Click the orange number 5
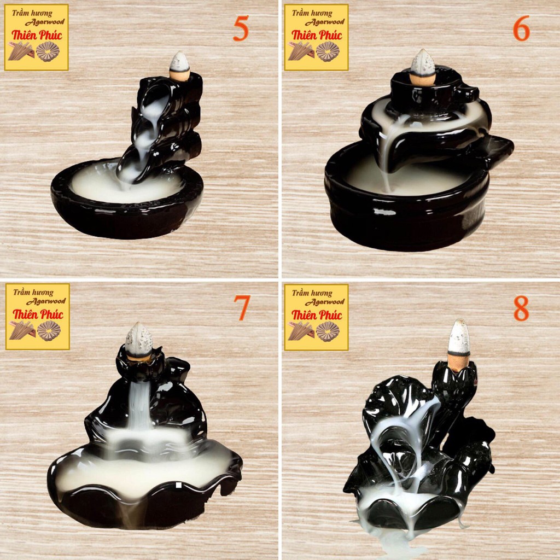pos(241,29)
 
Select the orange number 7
pos(241,308)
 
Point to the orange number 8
pos(521,308)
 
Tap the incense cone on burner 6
pos(423,67)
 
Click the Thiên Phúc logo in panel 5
pos(37,37)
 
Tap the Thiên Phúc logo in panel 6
pos(316,37)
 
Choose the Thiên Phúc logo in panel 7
pos(37,316)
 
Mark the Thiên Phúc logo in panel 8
pos(316,317)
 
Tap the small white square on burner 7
pos(178,485)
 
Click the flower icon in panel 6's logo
pos(328,52)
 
